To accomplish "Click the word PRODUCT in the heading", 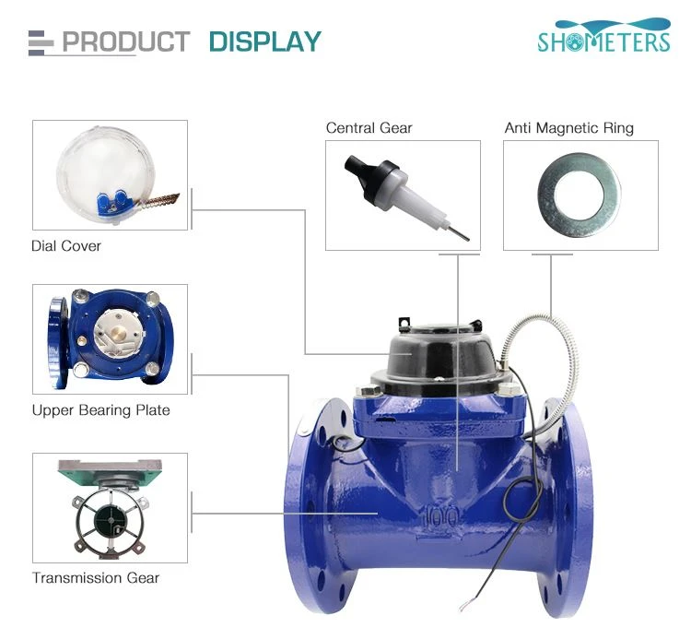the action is (126, 41).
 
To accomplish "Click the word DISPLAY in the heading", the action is (265, 41).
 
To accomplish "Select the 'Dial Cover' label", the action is (66, 245).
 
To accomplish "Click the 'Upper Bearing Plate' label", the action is (101, 410).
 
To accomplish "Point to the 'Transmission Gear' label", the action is (96, 578).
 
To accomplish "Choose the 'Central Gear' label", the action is (369, 128).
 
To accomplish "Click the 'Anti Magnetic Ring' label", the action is (569, 128).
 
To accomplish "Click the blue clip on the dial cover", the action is (113, 202).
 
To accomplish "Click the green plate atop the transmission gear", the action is (111, 473).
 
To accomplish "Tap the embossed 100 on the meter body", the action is (440, 518).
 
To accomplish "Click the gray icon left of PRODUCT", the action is (41, 42).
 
